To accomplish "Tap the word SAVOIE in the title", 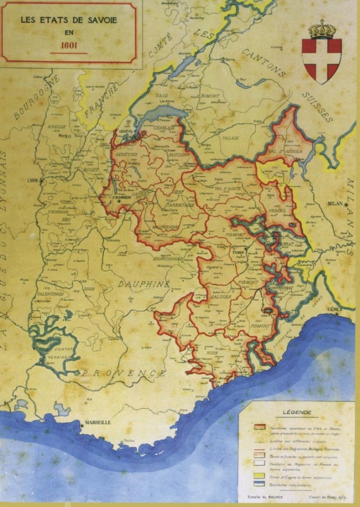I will pos(101,19).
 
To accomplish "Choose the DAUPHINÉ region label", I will pos(143,284).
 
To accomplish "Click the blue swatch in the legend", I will pos(260,483).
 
